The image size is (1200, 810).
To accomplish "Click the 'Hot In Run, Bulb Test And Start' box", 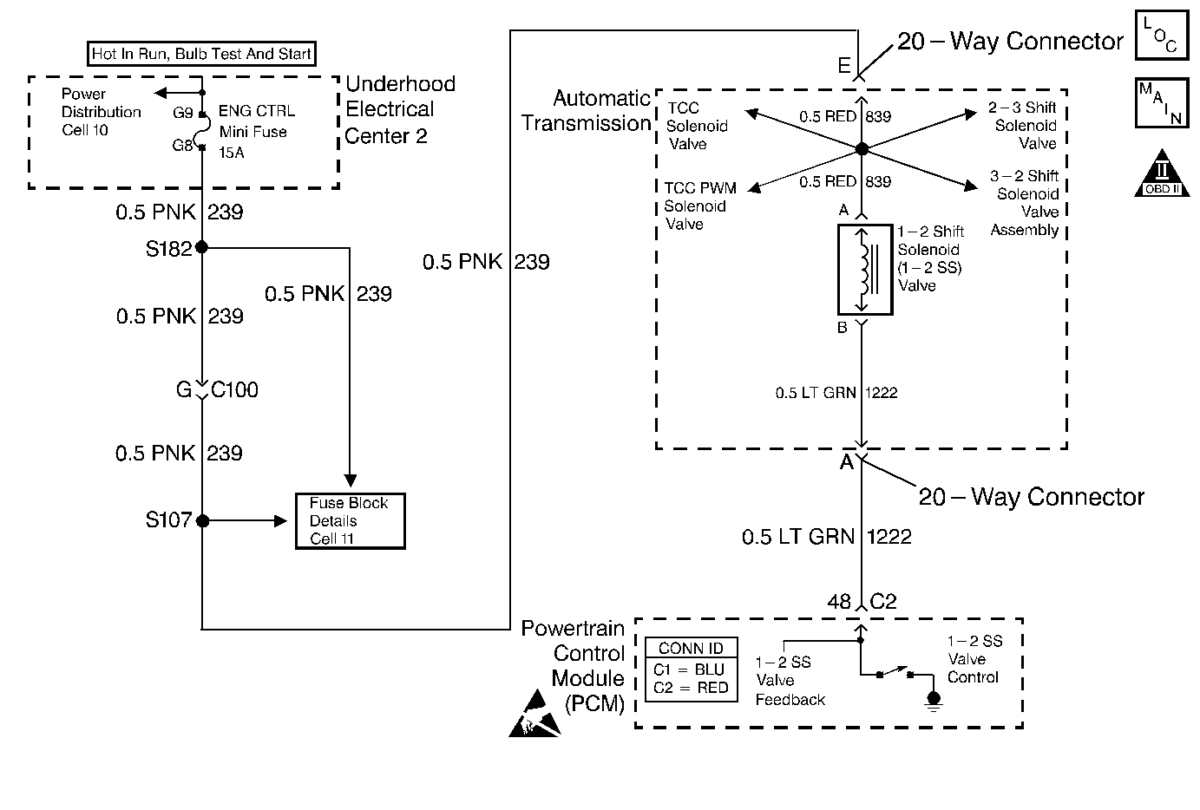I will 201,54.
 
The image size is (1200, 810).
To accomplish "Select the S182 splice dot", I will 202,247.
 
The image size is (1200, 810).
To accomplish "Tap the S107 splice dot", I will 202,521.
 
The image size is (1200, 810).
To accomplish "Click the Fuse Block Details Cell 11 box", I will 350,520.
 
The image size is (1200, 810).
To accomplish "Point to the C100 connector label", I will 234,390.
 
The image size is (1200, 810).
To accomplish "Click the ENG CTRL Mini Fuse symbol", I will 202,131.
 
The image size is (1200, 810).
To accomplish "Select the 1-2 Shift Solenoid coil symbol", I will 864,270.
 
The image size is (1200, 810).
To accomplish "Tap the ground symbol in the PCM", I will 934,699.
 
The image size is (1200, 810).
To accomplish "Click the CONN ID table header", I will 692,648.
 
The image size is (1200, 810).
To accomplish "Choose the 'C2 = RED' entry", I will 692,688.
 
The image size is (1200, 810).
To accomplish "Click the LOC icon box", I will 1161,36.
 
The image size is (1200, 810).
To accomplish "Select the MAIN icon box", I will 1161,103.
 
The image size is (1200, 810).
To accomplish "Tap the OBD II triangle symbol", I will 1162,173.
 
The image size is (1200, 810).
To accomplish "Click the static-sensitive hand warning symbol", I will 534,714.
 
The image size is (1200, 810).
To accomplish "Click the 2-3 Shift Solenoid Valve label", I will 1024,126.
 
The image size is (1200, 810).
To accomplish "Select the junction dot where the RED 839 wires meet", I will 862,149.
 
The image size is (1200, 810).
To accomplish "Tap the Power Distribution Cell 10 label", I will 101,112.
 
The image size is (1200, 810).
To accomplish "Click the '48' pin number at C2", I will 839,601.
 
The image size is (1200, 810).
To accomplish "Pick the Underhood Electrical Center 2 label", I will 399,109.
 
